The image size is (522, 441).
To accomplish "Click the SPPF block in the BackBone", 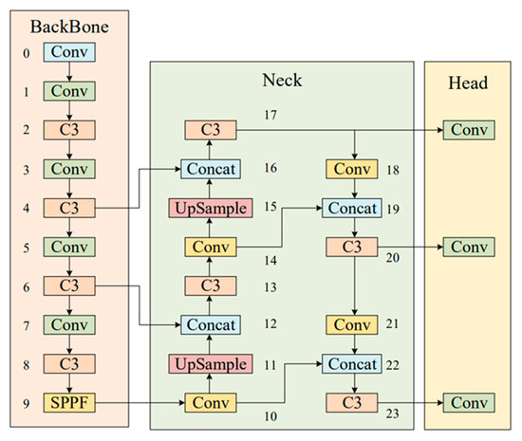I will [x=67, y=402].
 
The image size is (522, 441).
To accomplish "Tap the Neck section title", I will [x=281, y=82].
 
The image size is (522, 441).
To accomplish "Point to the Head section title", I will [x=466, y=83].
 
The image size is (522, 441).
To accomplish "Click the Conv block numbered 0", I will [x=67, y=52].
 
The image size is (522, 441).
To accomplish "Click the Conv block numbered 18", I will [x=352, y=168].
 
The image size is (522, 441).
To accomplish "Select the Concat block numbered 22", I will [x=352, y=363].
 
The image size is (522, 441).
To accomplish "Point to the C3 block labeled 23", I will [x=352, y=402].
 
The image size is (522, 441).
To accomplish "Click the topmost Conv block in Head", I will [x=467, y=129].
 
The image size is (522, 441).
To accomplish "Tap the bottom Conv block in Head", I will [x=467, y=402].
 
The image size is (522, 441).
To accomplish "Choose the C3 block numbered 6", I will [x=67, y=285].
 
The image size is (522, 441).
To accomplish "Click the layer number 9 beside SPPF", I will [x=20, y=402].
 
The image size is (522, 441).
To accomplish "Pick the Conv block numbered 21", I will [x=352, y=324].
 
